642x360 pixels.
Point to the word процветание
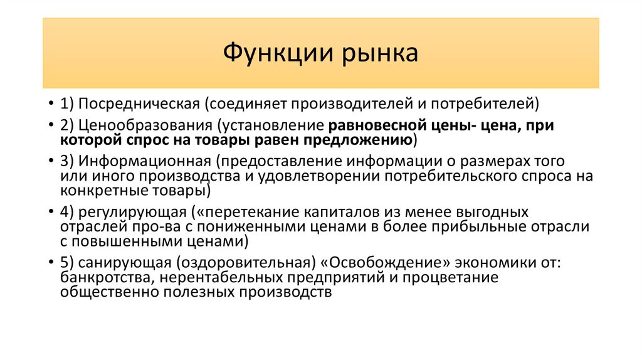(x=456, y=278)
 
